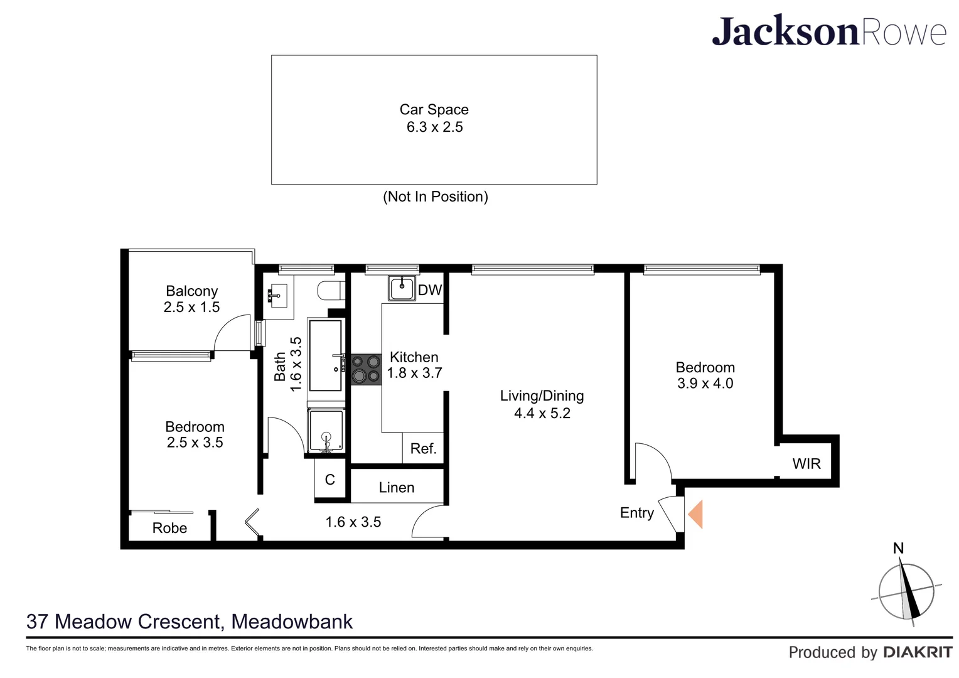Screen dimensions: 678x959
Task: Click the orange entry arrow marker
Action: (696, 514)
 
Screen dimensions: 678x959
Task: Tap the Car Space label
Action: (434, 110)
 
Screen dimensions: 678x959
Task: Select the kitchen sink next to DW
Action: (402, 288)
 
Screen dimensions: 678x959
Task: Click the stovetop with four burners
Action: (366, 369)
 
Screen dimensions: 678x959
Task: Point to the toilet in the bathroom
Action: (330, 291)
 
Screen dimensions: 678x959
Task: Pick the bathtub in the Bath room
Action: (326, 356)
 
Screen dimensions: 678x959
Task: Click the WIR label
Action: (806, 464)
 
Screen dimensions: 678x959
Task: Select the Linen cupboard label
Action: (397, 488)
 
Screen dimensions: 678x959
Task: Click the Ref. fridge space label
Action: (423, 449)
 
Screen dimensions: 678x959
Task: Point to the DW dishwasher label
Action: (430, 290)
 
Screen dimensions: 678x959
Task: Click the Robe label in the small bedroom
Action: (169, 529)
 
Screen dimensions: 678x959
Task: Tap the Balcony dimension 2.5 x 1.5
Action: (191, 308)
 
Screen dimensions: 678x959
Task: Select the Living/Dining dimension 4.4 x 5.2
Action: (542, 413)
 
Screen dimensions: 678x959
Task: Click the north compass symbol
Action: (906, 590)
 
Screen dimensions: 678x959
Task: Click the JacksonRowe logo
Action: (828, 31)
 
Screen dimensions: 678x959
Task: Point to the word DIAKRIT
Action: (918, 653)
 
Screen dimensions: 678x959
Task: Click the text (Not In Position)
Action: (435, 197)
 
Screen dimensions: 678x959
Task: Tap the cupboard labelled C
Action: (330, 480)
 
